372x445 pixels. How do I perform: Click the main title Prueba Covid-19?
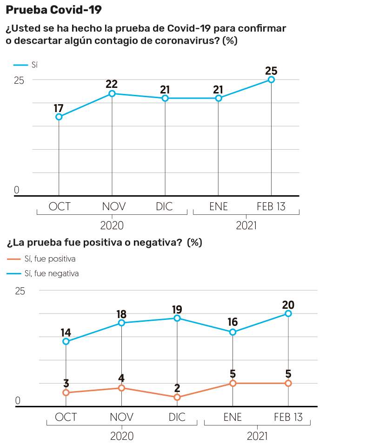53,9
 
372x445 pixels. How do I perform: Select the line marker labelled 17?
59,117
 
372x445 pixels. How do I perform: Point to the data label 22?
112,84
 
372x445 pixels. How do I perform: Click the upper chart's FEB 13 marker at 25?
271,80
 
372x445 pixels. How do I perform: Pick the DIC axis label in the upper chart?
165,206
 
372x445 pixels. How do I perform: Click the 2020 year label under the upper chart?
112,226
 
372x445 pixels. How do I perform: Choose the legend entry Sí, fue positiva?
50,259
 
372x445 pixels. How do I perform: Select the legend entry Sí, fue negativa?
51,273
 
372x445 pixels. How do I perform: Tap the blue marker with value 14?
66,341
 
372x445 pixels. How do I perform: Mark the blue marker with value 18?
121,323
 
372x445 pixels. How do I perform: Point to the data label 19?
177,310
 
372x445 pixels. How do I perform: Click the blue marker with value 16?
233,332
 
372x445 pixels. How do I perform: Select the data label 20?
288,305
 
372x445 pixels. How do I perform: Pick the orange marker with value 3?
66,392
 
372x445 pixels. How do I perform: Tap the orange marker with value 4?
121,388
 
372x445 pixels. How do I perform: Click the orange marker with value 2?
177,397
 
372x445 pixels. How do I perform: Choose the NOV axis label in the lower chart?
121,417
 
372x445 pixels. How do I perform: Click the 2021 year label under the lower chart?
257,436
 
